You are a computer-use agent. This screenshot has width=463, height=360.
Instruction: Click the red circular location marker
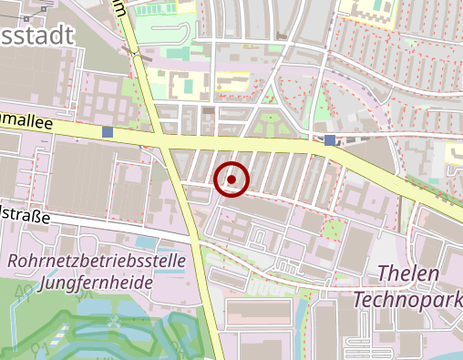coord(231,180)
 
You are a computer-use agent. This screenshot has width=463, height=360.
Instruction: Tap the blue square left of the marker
coord(108,133)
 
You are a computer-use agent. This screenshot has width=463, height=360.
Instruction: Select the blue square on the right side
coord(329,139)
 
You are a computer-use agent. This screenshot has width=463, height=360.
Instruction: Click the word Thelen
coord(407,273)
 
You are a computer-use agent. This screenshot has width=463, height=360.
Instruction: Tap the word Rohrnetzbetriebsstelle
coord(97,262)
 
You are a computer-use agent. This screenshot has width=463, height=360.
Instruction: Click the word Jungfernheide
coord(100,283)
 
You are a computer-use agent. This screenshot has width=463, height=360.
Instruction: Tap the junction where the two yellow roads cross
coord(164,143)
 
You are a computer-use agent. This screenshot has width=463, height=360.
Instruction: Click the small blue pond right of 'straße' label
coord(146,243)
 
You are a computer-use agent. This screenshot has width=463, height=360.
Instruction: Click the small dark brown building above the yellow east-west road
coord(210,110)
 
